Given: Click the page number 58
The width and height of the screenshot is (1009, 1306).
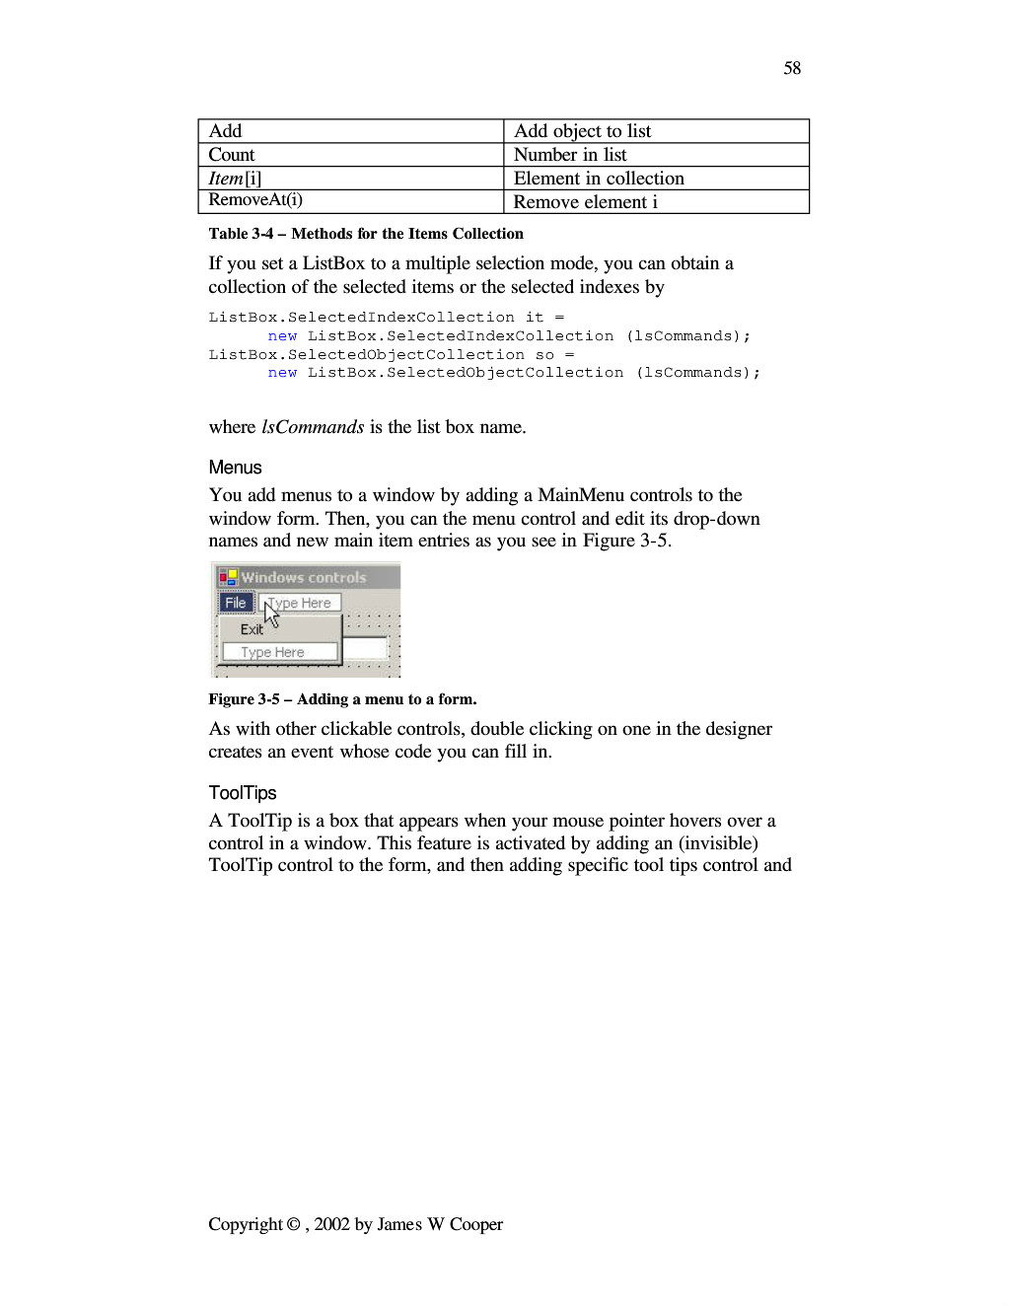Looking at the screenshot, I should click(x=792, y=68).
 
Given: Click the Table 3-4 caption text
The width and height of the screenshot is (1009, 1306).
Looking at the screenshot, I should click(x=366, y=234).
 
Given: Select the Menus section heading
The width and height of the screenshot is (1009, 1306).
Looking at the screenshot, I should click(x=235, y=468).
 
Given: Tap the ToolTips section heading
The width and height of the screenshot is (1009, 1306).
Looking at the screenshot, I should click(x=243, y=793).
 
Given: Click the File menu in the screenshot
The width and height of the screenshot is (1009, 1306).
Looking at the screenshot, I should click(x=236, y=603).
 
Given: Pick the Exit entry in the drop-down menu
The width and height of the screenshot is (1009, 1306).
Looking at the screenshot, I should click(x=252, y=629).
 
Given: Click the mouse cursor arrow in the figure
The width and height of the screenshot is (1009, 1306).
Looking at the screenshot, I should click(x=271, y=614).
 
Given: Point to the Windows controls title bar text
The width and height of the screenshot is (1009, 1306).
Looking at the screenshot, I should click(x=304, y=578).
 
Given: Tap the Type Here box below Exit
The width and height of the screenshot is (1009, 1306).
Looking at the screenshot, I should click(x=279, y=652).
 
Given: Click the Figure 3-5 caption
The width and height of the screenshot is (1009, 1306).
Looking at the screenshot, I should click(x=342, y=699).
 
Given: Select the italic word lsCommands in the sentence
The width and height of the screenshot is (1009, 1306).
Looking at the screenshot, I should click(x=313, y=427).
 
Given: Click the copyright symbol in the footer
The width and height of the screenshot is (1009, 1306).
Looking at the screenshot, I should click(x=293, y=1224).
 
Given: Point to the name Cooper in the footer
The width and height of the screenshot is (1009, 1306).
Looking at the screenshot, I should click(x=476, y=1224).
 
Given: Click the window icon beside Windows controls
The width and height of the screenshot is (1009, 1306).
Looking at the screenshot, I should click(x=229, y=577).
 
